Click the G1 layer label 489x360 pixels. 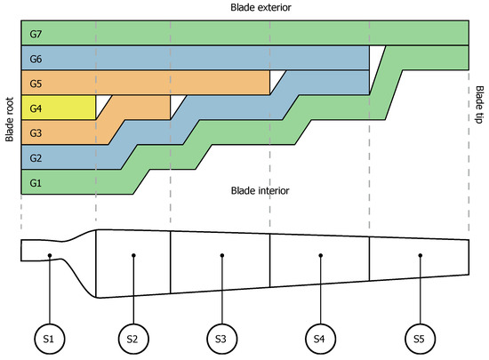coord(36,183)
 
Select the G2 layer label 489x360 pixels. coord(36,158)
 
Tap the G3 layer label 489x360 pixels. coord(36,133)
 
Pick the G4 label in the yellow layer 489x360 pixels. coord(36,108)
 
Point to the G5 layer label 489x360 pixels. coord(36,84)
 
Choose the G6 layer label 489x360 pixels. coord(36,59)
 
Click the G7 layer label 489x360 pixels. coord(36,34)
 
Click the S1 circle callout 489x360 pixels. coord(52,339)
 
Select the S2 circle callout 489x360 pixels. coord(133,339)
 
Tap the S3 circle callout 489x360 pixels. coord(221,339)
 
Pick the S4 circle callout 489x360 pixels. coord(319,339)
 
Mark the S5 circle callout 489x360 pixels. coord(418,339)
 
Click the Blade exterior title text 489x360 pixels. coord(244,7)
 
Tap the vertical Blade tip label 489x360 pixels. coord(479,105)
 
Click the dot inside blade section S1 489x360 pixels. coord(52,256)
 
